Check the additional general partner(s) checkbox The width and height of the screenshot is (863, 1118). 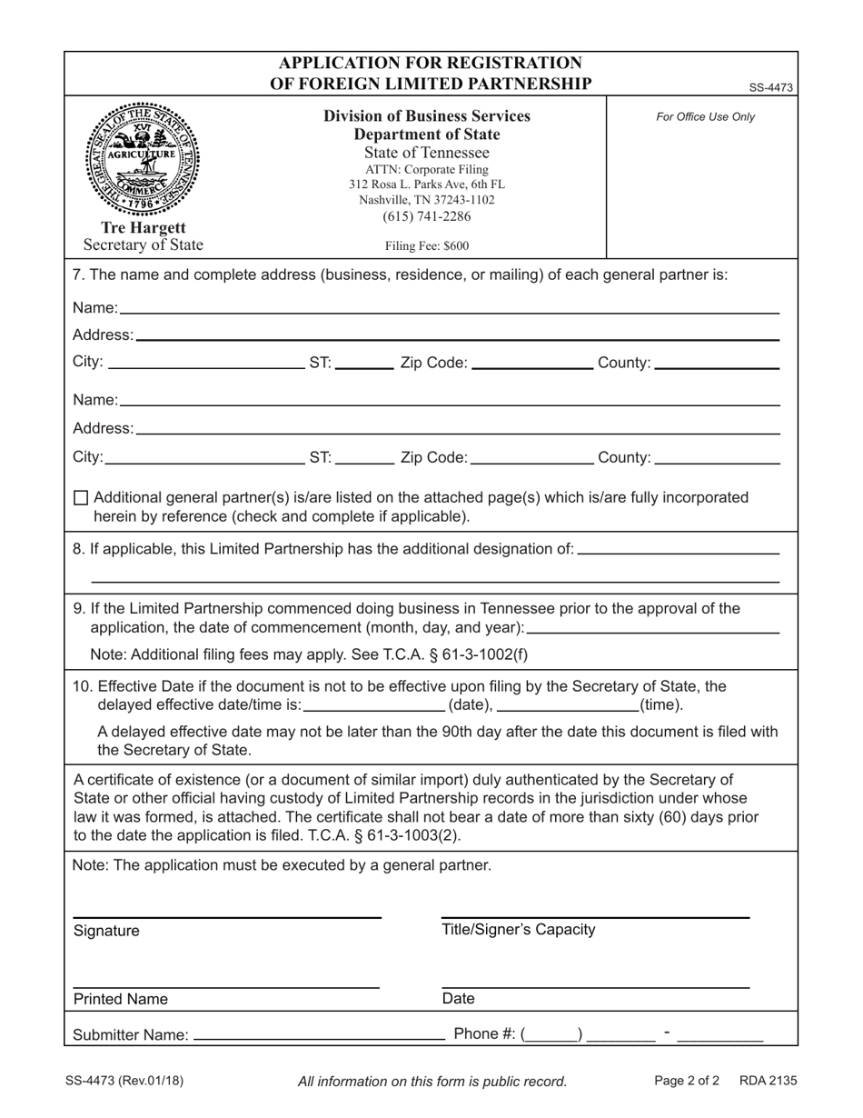point(81,498)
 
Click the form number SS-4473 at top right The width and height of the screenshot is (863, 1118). point(771,88)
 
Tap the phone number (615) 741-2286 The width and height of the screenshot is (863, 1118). point(427,216)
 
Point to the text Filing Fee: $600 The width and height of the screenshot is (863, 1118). point(427,245)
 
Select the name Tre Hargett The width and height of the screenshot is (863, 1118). point(144,227)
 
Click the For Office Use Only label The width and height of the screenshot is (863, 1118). point(706,117)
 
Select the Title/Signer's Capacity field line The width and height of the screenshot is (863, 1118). point(595,915)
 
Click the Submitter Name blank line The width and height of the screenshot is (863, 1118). point(318,1036)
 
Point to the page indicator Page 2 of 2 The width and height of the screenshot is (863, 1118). point(687,1081)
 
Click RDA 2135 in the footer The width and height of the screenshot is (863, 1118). point(768,1081)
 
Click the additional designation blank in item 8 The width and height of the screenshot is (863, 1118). point(678,551)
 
